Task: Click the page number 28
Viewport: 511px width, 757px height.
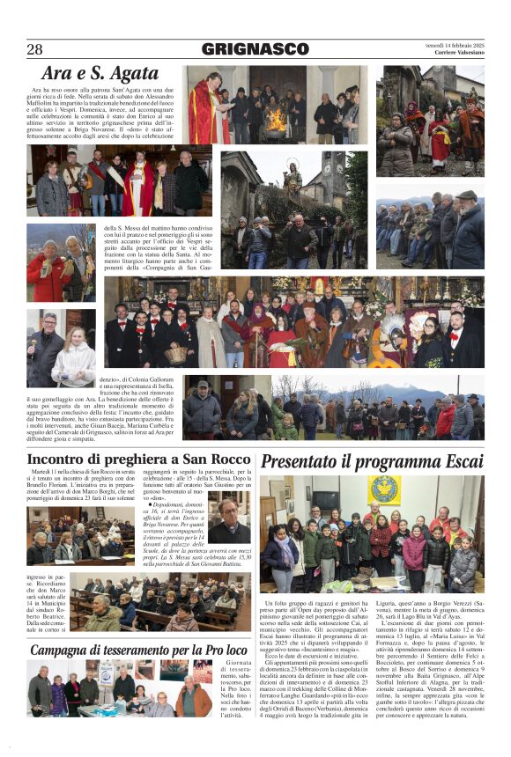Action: click(x=35, y=50)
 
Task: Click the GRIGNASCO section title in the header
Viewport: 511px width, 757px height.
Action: click(x=255, y=50)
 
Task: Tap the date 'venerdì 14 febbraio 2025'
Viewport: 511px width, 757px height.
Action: click(x=455, y=43)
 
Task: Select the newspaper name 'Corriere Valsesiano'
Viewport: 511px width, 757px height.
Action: click(x=455, y=53)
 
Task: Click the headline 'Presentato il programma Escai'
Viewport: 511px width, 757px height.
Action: click(x=370, y=461)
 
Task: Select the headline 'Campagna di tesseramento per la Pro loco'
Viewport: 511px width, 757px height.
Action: click(x=137, y=650)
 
